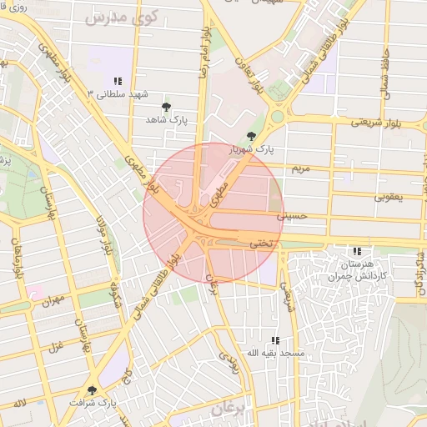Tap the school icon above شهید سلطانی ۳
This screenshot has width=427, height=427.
(118, 81)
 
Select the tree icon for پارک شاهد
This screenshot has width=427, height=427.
(167, 107)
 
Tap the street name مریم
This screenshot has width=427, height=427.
(300, 169)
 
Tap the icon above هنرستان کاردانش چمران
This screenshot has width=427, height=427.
(358, 251)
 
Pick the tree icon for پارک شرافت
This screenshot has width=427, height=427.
(92, 389)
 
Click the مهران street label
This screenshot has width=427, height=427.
(52, 296)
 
